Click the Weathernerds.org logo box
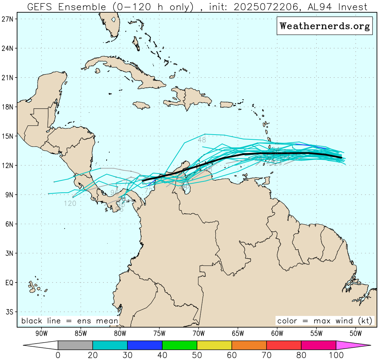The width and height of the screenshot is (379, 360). pyautogui.click(x=324, y=26)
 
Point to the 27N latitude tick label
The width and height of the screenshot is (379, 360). pyautogui.click(x=8, y=19)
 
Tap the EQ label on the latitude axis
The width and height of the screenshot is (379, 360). pyautogui.click(x=9, y=283)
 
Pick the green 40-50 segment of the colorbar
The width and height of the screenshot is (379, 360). pyautogui.click(x=179, y=345)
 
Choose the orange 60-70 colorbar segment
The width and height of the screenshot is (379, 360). pyautogui.click(x=249, y=345)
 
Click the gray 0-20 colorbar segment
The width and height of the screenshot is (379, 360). pyautogui.click(x=75, y=345)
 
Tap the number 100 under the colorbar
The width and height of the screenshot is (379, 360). pyautogui.click(x=336, y=355)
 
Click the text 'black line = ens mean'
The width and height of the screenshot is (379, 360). pyautogui.click(x=70, y=321)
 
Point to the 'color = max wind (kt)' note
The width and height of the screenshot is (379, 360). pyautogui.click(x=325, y=321)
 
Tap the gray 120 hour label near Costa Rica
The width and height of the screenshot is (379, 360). pyautogui.click(x=70, y=204)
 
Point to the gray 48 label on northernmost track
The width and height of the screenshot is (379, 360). pyautogui.click(x=202, y=140)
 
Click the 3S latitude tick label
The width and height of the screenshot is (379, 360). pyautogui.click(x=9, y=312)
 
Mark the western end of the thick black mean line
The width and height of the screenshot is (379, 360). pyautogui.click(x=143, y=180)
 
